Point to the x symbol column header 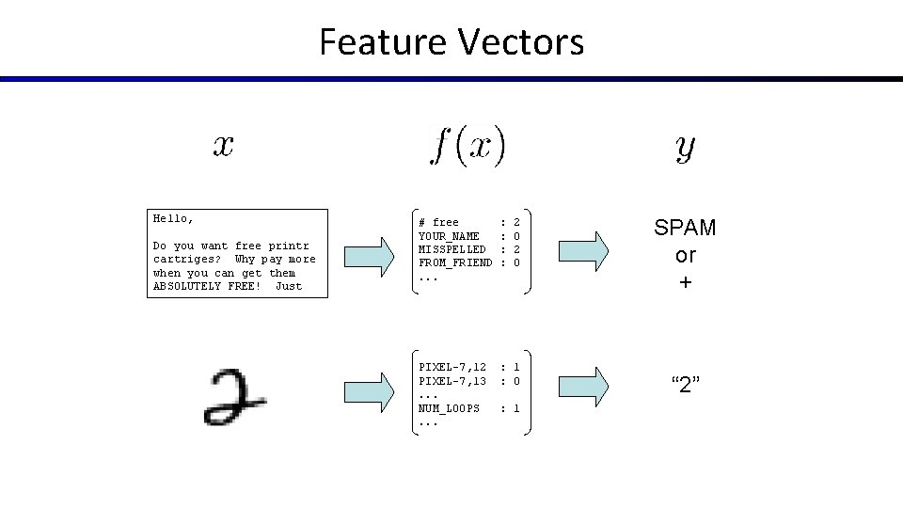[x=223, y=146]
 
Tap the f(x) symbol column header [x=467, y=146]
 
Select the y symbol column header [x=685, y=147]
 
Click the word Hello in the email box [x=173, y=218]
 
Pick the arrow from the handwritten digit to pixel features [x=371, y=389]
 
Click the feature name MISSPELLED [x=451, y=249]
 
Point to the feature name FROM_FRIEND [x=455, y=262]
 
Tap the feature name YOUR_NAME [x=449, y=236]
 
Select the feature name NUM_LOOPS [x=449, y=408]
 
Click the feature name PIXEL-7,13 [x=451, y=381]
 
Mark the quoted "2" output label [x=685, y=384]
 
